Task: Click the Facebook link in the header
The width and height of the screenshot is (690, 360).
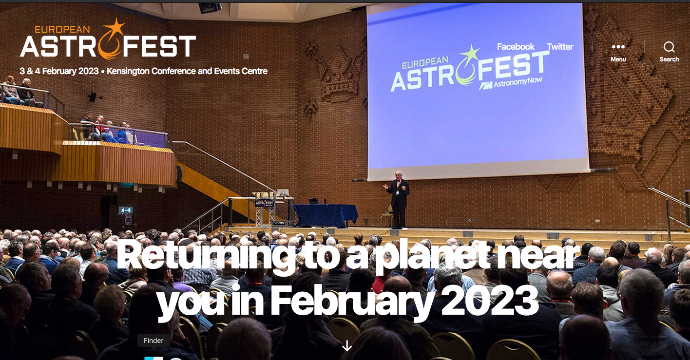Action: coord(516,47)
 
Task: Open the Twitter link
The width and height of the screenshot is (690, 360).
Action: coord(560,47)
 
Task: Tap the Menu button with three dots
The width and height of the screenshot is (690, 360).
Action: coord(618,52)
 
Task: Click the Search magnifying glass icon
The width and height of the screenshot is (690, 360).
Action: coord(669,47)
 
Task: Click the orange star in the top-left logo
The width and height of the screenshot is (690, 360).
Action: coord(115,27)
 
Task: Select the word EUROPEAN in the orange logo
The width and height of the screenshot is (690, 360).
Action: coord(62,29)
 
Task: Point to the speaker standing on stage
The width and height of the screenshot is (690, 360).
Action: coord(398,200)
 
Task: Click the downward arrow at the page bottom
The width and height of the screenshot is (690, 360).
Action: coord(347,345)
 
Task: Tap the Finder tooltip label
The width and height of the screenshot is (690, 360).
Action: coord(153,341)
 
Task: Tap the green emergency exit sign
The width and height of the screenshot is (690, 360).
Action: coord(126,210)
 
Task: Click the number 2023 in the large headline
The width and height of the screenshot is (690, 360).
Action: coord(490,301)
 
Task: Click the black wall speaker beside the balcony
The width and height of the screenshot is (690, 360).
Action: coord(93,97)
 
